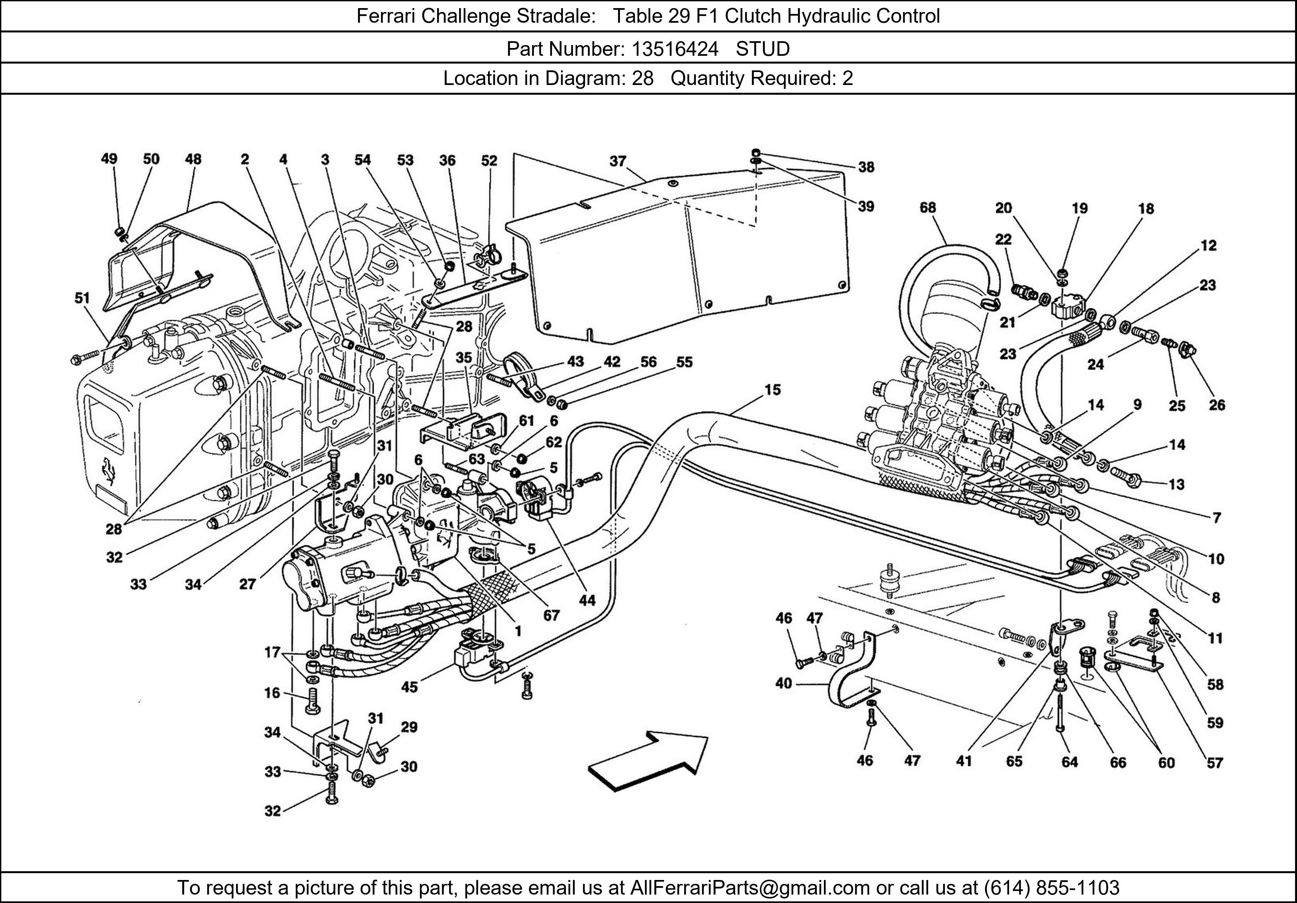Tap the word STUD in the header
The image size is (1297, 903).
[x=763, y=49]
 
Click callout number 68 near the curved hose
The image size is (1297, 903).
[x=928, y=208]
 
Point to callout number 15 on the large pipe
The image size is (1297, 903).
[x=772, y=390]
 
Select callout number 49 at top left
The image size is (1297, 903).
[x=109, y=159]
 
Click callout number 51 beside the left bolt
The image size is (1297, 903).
[x=82, y=298]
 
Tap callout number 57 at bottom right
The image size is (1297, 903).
[x=1215, y=763]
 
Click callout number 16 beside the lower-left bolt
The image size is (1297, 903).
[x=272, y=693]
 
